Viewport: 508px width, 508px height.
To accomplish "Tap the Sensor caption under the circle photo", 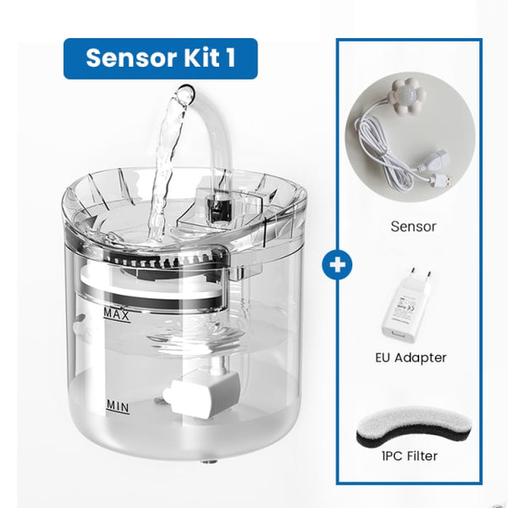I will point(413,226).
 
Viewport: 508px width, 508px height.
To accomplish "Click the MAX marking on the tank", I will point(116,314).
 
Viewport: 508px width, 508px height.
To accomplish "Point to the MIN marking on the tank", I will point(117,406).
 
